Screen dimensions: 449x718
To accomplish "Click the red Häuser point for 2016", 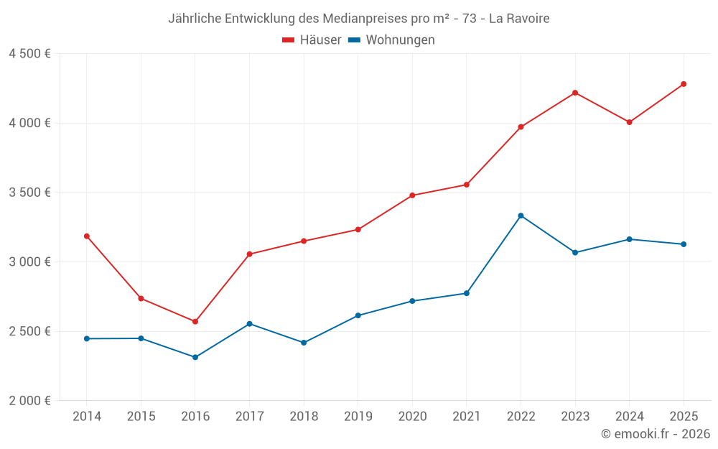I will click(195, 321).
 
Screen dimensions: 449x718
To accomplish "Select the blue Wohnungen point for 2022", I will click(521, 216).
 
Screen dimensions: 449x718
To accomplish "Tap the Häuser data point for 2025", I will click(684, 84).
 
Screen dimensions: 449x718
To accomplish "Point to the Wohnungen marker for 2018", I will click(304, 343).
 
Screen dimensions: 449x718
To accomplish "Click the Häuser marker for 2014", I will click(87, 236).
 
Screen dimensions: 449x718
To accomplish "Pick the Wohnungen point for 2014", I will click(87, 338).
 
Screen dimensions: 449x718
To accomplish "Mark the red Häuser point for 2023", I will click(575, 93).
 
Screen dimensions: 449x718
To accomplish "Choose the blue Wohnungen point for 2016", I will click(195, 357).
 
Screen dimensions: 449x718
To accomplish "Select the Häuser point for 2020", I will click(412, 195).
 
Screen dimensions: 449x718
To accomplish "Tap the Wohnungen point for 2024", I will click(629, 239).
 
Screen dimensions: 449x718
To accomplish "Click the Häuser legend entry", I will click(312, 40).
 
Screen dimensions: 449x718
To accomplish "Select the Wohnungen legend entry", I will click(392, 40).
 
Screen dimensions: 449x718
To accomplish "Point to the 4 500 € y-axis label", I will click(29, 54).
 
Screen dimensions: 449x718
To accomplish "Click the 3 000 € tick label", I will click(29, 261).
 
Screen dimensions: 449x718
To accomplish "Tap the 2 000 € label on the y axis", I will click(29, 400).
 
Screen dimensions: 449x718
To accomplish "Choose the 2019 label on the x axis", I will click(358, 417).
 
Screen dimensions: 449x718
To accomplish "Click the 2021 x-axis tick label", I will click(466, 417).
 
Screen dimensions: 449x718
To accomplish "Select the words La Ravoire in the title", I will click(519, 19).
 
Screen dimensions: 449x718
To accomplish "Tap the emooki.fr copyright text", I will click(655, 434).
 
